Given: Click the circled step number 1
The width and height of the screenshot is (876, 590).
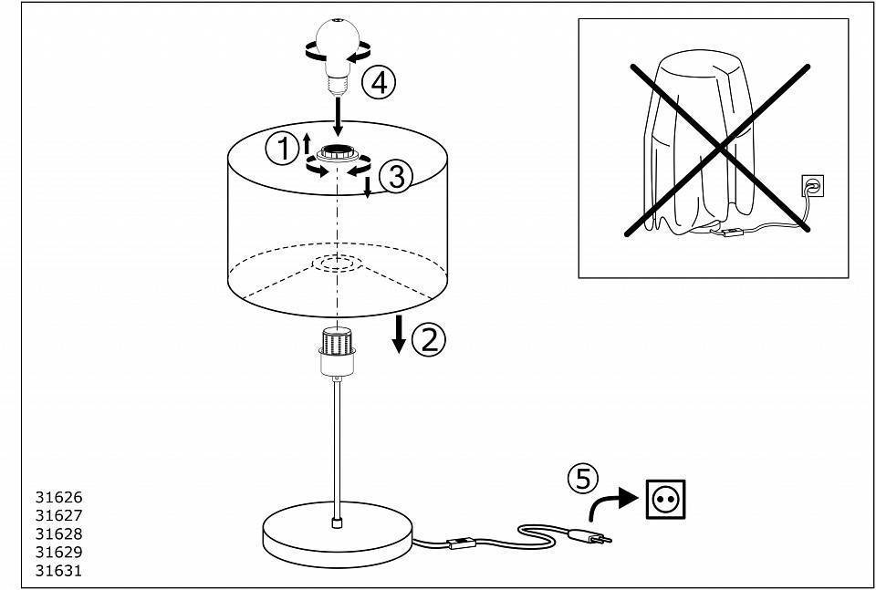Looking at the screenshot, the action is tap(283, 149).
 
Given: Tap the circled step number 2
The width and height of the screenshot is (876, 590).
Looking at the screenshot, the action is tap(429, 339).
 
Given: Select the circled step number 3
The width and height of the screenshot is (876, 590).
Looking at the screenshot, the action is tap(395, 178).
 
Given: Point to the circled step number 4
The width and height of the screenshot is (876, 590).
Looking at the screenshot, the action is tap(378, 83).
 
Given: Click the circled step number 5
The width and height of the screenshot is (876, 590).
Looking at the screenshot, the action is tap(583, 479).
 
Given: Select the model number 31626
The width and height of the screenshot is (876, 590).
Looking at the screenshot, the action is tap(58, 497).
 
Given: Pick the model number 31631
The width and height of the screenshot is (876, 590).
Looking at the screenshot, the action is tap(58, 571).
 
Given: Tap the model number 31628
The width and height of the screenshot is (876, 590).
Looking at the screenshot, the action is tap(58, 533).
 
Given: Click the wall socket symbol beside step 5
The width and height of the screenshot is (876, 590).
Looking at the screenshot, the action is tap(665, 499).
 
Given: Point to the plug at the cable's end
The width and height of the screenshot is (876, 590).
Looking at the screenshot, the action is tap(589, 537).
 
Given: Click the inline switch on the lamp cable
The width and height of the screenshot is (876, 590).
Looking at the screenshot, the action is tap(462, 542).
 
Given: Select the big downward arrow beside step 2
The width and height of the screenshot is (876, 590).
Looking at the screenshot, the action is tap(399, 334).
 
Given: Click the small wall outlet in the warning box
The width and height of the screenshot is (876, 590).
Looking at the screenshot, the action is tap(812, 186).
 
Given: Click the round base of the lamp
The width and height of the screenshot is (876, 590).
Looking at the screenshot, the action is tap(338, 534).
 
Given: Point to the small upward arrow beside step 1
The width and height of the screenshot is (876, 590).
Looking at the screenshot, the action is tap(307, 143).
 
